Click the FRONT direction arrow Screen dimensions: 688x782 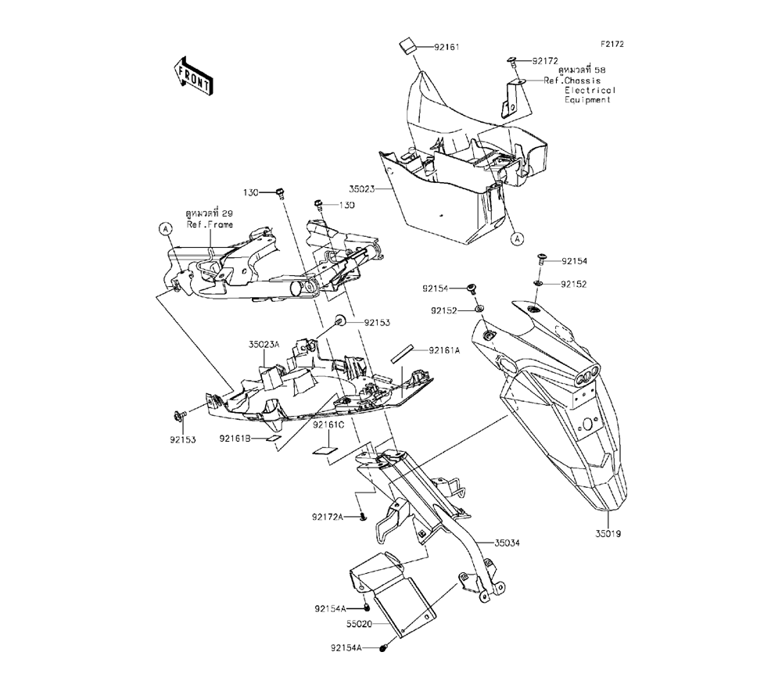191,75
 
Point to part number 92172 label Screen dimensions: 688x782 547,60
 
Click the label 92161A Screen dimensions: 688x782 445,351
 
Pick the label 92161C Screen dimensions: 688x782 328,425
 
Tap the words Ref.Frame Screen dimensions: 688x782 205,224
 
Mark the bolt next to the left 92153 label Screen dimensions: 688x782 177,414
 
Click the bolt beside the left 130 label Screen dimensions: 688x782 281,192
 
